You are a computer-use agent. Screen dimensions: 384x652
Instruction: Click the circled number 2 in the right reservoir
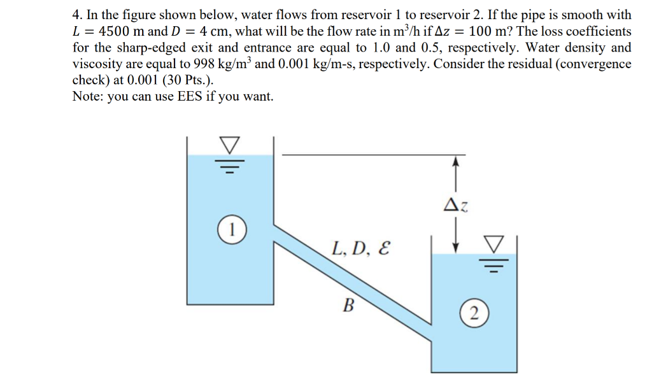[x=472, y=313]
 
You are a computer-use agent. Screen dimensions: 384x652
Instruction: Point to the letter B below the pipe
[x=348, y=306]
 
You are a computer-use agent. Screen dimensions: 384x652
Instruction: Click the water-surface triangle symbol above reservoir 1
[x=230, y=146]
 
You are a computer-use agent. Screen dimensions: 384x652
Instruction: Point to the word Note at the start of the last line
[x=87, y=97]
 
